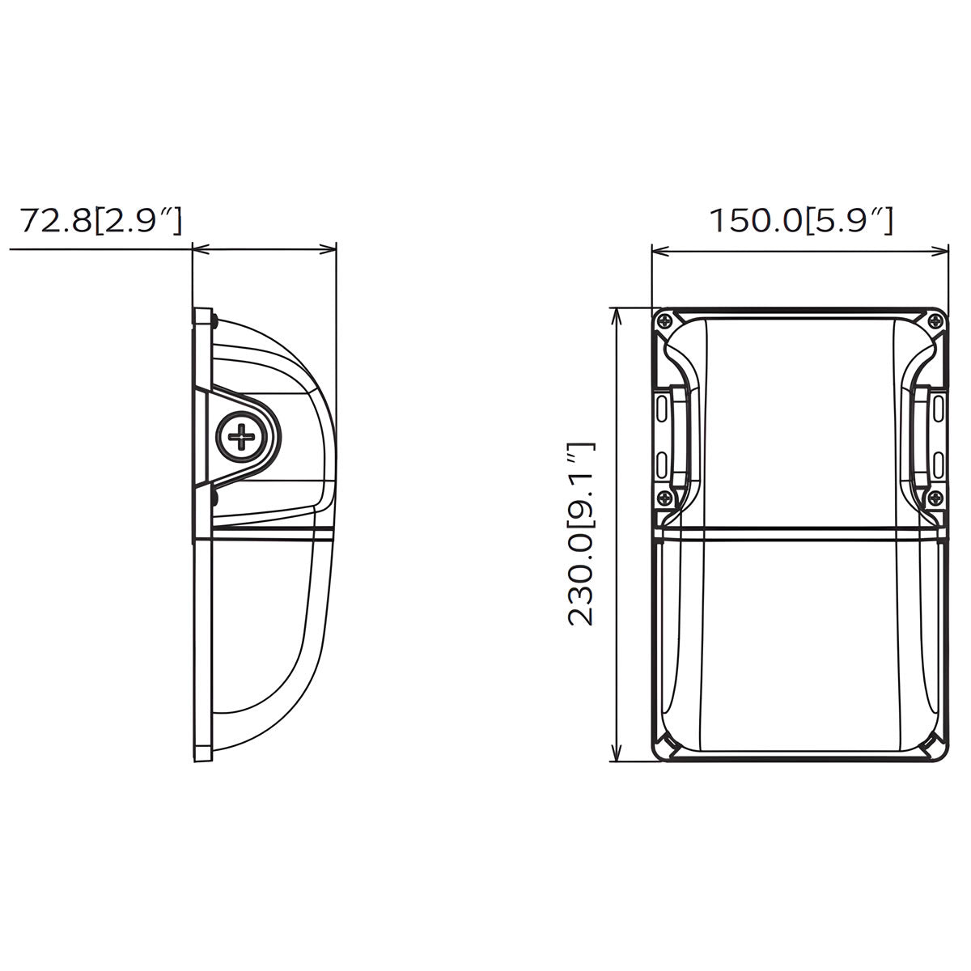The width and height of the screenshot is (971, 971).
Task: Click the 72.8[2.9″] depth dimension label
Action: [x=100, y=220]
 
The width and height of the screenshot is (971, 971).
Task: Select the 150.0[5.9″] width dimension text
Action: [x=801, y=220]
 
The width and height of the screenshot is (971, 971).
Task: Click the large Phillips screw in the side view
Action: [x=241, y=439]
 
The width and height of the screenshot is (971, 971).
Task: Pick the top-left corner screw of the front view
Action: [x=665, y=320]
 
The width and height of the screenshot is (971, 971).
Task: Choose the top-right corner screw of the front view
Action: [x=935, y=320]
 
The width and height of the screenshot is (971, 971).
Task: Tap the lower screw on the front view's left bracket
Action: [x=665, y=498]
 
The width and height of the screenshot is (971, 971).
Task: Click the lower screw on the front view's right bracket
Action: [x=935, y=498]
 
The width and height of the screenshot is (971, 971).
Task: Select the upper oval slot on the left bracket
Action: [x=663, y=404]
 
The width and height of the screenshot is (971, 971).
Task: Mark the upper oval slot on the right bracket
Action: [x=937, y=404]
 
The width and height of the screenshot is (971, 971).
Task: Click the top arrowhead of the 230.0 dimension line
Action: [x=618, y=314]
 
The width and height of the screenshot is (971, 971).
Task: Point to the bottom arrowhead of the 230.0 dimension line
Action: [x=618, y=756]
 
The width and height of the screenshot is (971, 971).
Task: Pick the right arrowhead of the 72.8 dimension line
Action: [x=329, y=249]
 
